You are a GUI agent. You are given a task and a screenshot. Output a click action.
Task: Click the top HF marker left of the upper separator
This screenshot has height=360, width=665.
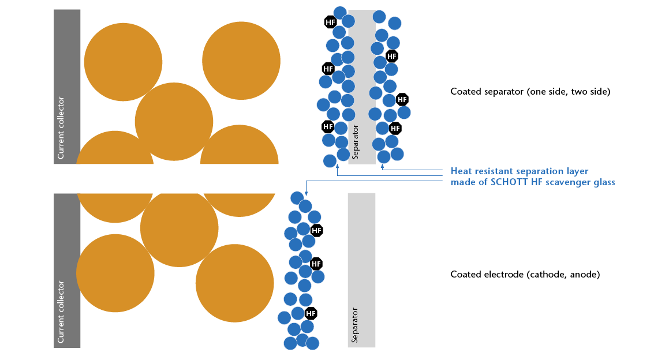(x=331, y=22)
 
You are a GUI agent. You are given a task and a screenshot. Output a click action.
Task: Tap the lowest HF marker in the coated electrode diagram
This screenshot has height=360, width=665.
(x=311, y=314)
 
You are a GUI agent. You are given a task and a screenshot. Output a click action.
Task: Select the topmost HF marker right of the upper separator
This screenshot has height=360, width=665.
(x=392, y=56)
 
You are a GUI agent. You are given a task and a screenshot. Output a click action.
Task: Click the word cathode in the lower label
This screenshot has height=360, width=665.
(x=548, y=275)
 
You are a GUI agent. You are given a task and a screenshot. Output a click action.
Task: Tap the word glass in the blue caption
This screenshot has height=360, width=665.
(x=603, y=182)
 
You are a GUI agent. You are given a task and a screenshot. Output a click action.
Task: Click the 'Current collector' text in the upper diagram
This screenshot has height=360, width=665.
(x=61, y=128)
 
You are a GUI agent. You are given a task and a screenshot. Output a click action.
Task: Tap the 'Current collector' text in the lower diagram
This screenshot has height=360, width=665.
(x=61, y=312)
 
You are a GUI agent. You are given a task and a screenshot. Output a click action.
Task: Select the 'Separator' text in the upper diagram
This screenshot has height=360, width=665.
(x=356, y=142)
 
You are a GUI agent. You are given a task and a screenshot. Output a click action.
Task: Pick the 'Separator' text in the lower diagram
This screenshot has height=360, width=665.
(x=355, y=325)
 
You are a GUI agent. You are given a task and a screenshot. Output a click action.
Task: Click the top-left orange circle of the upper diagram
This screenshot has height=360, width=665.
(x=123, y=61)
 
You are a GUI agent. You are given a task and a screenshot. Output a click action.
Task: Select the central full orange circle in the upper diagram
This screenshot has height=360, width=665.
(x=174, y=122)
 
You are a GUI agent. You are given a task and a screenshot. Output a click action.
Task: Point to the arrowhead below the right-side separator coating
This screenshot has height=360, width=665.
(x=382, y=167)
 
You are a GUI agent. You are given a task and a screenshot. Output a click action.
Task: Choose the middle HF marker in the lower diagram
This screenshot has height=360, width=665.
(x=316, y=264)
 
